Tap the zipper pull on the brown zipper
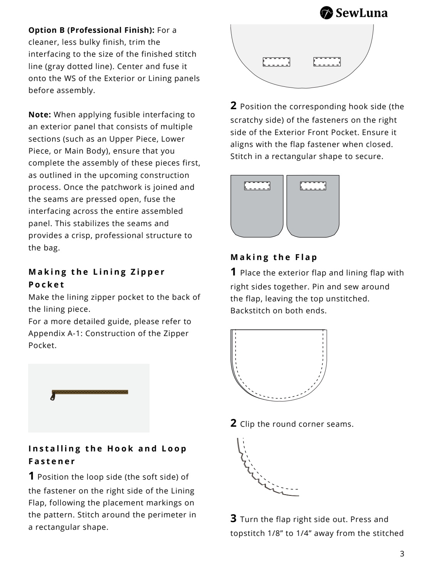[52, 397]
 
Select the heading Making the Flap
[274, 257]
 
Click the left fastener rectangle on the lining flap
[276, 62]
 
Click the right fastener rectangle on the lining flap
[327, 62]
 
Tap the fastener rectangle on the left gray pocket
[257, 186]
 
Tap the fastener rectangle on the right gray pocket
[313, 186]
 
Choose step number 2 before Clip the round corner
[234, 423]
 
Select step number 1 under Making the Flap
[234, 272]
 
